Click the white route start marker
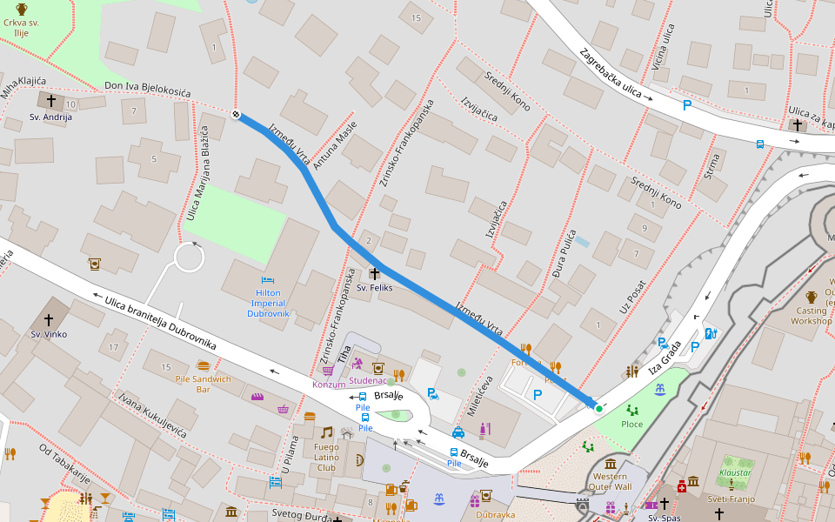(237, 115)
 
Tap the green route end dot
(598, 407)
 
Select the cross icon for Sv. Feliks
(376, 274)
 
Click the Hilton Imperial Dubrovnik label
(268, 303)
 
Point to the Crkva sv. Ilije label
(22, 28)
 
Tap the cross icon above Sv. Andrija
(51, 102)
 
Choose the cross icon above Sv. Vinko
(49, 319)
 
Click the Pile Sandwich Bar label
(203, 384)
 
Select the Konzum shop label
(328, 385)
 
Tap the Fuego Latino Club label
(326, 458)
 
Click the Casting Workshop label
(811, 316)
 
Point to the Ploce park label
(631, 424)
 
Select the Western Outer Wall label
(611, 482)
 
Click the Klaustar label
(735, 474)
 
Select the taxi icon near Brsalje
(458, 432)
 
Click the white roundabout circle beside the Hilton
(189, 258)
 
